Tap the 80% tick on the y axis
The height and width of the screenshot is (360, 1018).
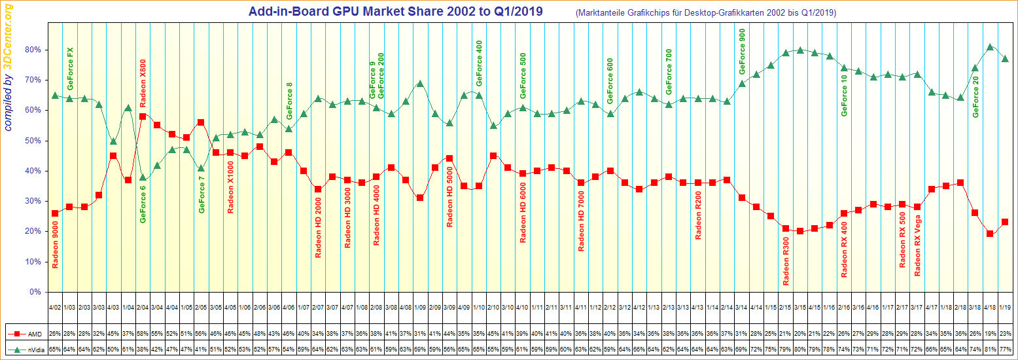(x=34, y=50)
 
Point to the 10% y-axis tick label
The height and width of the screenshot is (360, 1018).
(x=34, y=262)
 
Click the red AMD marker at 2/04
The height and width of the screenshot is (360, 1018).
(x=143, y=117)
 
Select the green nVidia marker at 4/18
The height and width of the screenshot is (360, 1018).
(x=990, y=47)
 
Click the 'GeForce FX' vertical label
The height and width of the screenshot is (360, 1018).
(x=70, y=69)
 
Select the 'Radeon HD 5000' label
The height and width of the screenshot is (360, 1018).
(x=450, y=196)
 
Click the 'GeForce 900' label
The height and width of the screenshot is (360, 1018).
(x=742, y=52)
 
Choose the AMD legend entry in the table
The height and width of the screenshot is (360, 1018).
(x=27, y=333)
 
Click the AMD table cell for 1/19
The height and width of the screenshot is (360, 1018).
(x=1005, y=333)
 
